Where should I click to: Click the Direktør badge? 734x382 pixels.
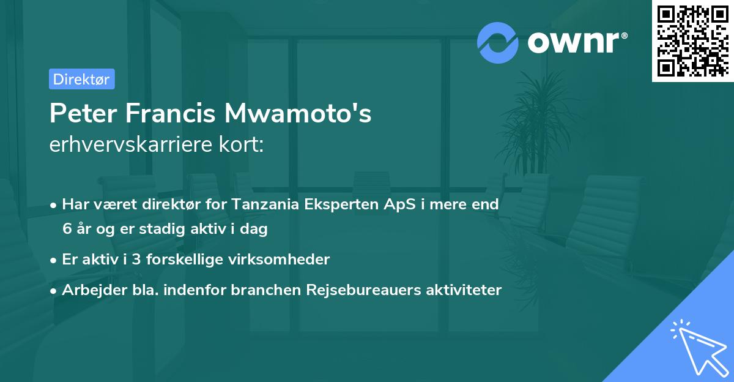coord(81,79)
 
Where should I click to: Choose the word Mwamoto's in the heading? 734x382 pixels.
coord(298,114)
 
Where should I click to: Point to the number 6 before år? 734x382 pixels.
coord(67,229)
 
